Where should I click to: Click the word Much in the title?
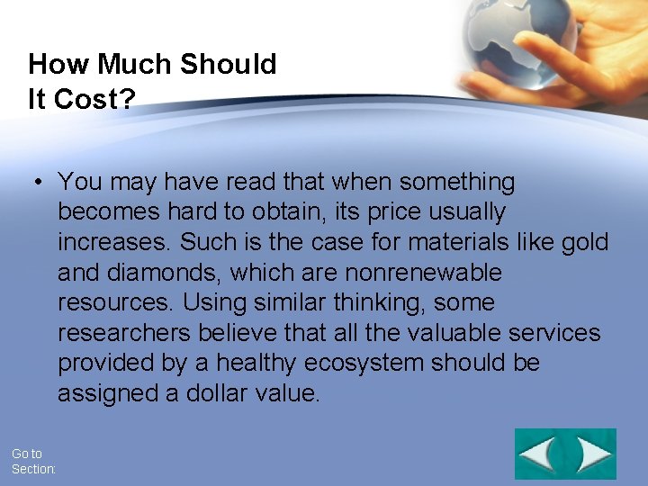[136, 65]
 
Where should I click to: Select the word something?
[457, 183]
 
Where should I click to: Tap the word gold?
[584, 243]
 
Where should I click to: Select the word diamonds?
[167, 273]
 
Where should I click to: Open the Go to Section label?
[33, 462]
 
